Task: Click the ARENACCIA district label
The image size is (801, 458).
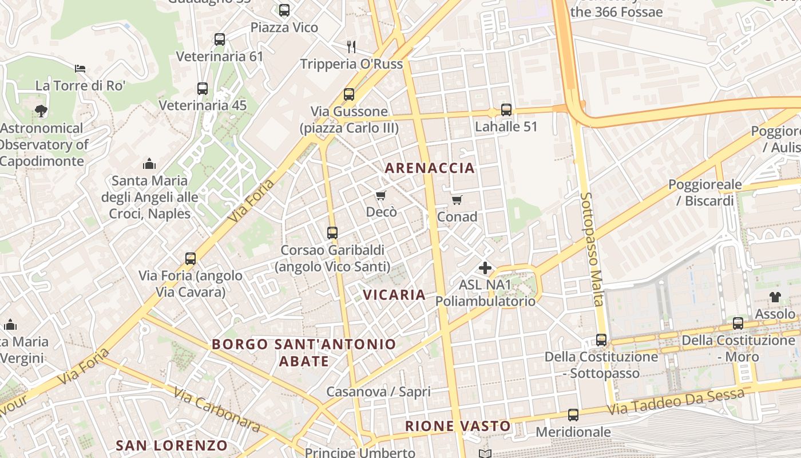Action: tap(430, 168)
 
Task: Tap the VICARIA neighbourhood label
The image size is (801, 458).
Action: tap(394, 295)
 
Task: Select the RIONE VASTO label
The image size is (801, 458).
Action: tap(458, 426)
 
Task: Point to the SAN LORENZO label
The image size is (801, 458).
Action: tap(172, 445)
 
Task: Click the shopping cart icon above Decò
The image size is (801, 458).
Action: tap(381, 196)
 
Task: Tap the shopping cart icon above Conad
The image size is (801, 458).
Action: tap(457, 200)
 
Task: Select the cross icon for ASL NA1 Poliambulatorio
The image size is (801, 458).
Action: tap(485, 267)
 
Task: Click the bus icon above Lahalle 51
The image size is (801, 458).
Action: tap(506, 110)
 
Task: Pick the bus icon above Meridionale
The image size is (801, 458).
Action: tap(573, 415)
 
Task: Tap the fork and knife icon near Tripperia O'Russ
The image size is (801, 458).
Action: tap(351, 46)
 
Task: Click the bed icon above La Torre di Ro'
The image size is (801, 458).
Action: tap(80, 69)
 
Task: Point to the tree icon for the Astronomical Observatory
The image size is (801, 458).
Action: tap(41, 110)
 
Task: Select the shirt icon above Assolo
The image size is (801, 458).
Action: tap(775, 297)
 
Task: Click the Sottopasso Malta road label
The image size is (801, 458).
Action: tap(592, 249)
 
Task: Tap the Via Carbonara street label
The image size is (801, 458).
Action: tap(216, 410)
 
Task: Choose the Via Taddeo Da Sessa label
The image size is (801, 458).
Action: tap(676, 402)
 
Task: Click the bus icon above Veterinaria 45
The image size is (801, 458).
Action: tap(203, 89)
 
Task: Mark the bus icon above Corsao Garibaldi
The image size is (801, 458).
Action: tap(332, 233)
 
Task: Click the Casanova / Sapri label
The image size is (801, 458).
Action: tap(378, 392)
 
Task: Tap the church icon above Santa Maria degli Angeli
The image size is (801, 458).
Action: tap(149, 164)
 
